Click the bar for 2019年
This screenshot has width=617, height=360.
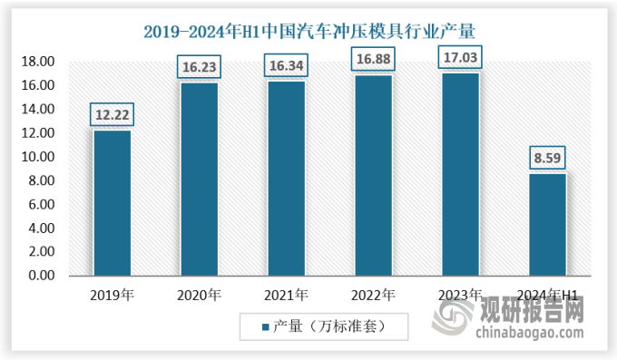[112, 202]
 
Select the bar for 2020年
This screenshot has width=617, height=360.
[200, 179]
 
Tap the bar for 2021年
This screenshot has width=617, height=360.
[286, 178]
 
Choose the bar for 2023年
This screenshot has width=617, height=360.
[460, 174]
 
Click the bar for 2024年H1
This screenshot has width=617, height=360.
[547, 224]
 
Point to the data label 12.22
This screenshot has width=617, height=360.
[113, 115]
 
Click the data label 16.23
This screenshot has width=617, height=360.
[200, 67]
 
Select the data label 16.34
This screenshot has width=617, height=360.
[287, 66]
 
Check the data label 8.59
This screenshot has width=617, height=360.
[547, 159]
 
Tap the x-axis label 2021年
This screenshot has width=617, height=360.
[286, 295]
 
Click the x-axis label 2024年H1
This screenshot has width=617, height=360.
[547, 295]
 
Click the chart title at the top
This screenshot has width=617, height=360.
[308, 32]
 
